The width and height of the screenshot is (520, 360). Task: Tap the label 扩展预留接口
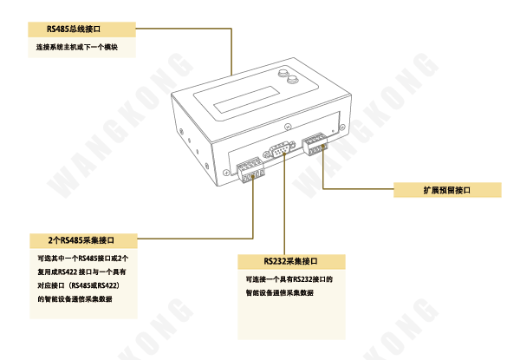click(447, 190)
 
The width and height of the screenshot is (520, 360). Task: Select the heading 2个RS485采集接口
click(83, 239)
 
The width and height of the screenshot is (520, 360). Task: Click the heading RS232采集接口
click(291, 261)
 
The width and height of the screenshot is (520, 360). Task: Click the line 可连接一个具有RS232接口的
click(289, 279)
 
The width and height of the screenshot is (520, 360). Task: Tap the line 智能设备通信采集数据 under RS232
click(279, 293)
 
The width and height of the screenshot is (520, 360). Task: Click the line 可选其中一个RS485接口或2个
click(82, 258)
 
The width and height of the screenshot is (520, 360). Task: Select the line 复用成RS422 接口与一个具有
click(81, 272)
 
